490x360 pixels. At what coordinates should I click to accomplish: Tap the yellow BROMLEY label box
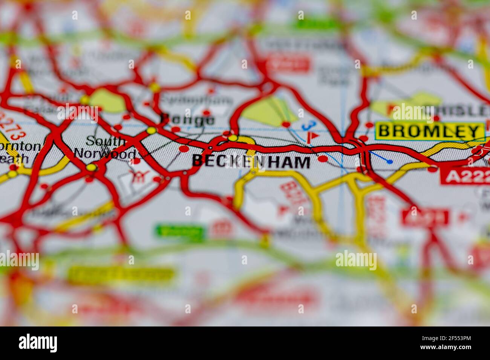click(x=430, y=131)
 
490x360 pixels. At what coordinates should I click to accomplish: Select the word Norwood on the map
click(x=105, y=154)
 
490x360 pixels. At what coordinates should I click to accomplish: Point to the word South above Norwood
click(x=105, y=141)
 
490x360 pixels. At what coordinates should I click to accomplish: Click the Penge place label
click(x=187, y=120)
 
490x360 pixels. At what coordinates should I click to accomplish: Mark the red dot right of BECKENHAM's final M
click(x=323, y=159)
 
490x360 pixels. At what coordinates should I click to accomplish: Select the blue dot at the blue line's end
click(x=390, y=162)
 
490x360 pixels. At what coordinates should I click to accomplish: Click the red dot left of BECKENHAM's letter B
click(x=184, y=149)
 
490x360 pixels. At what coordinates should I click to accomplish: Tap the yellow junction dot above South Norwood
click(x=152, y=130)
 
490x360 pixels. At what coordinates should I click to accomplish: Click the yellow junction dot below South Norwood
click(x=91, y=167)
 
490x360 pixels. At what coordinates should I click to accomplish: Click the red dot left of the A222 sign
click(x=432, y=169)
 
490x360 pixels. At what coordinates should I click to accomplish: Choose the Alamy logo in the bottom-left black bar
click(x=38, y=343)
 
